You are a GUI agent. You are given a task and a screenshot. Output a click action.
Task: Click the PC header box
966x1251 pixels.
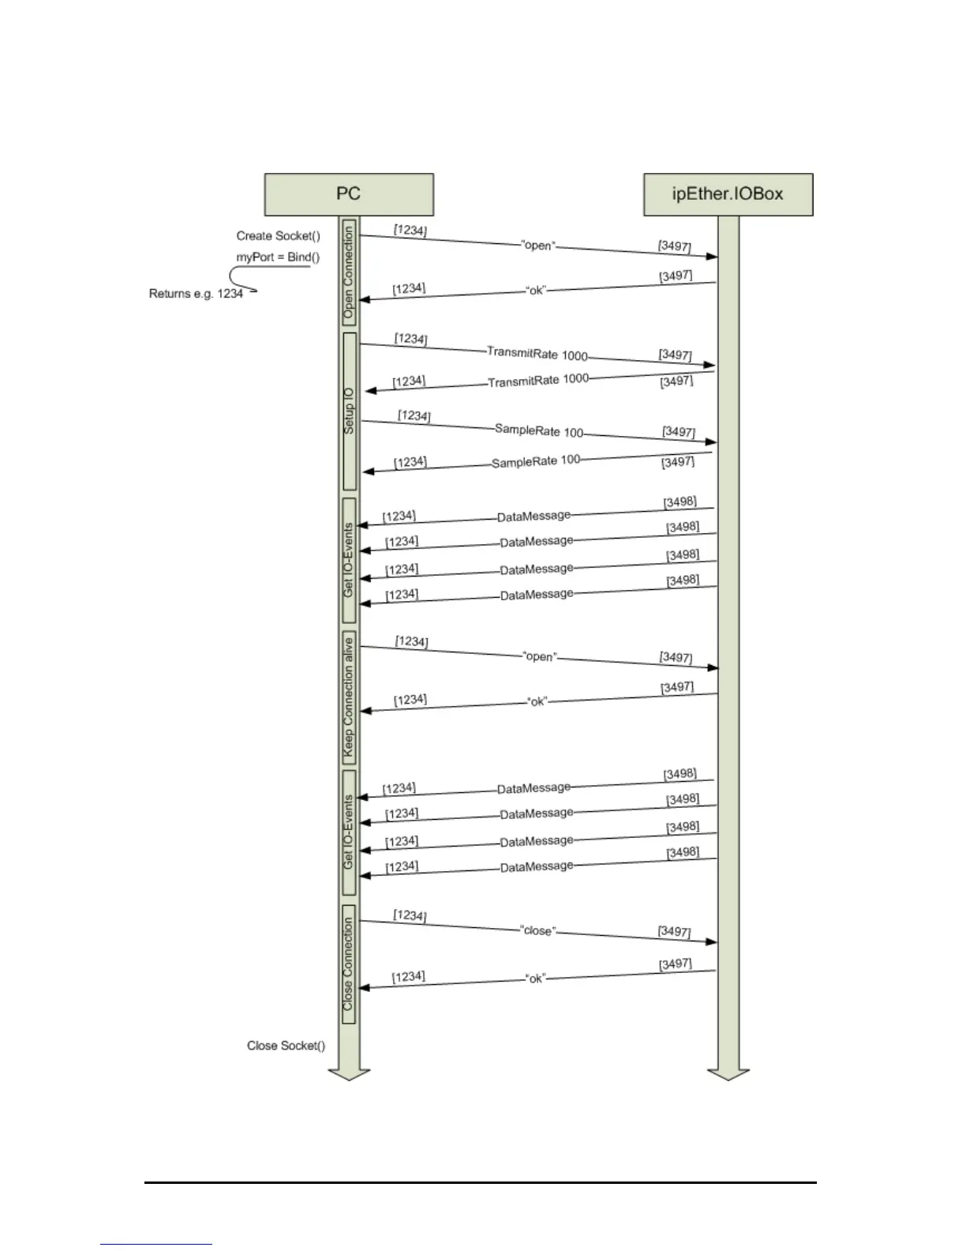pyautogui.click(x=348, y=194)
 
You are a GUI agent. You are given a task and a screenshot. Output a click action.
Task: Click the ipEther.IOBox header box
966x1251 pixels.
pyautogui.click(x=728, y=194)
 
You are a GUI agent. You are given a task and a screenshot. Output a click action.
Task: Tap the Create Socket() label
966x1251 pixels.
pyautogui.click(x=278, y=236)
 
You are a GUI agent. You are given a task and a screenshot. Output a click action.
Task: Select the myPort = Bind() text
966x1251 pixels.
pyautogui.click(x=278, y=257)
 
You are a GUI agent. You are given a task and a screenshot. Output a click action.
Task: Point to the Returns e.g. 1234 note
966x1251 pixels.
pyautogui.click(x=196, y=294)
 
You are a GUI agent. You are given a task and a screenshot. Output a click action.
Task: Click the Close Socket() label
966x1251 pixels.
pyautogui.click(x=286, y=1046)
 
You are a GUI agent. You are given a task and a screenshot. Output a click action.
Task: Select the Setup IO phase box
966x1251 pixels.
pyautogui.click(x=349, y=411)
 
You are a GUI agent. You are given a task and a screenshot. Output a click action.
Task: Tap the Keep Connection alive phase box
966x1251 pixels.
pyautogui.click(x=349, y=697)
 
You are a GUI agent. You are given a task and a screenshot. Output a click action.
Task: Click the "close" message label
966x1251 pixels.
pyautogui.click(x=538, y=930)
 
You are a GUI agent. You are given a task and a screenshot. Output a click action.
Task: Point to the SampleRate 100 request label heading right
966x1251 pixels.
pyautogui.click(x=539, y=430)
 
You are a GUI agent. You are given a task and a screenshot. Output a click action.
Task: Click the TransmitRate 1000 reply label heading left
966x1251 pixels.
pyautogui.click(x=538, y=381)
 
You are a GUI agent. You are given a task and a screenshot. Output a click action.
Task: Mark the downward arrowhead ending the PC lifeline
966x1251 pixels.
pyautogui.click(x=349, y=1074)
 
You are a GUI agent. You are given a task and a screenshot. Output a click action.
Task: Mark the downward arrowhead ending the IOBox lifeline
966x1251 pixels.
pyautogui.click(x=728, y=1074)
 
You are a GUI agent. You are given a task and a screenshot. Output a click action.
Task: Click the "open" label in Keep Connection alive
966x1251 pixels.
pyautogui.click(x=540, y=656)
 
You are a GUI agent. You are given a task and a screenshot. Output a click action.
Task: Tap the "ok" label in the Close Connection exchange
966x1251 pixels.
pyautogui.click(x=536, y=979)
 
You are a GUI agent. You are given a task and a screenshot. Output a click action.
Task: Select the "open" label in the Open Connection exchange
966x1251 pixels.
pyautogui.click(x=538, y=246)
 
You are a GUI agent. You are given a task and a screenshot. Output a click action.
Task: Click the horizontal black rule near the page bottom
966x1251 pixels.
pyautogui.click(x=480, y=1183)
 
